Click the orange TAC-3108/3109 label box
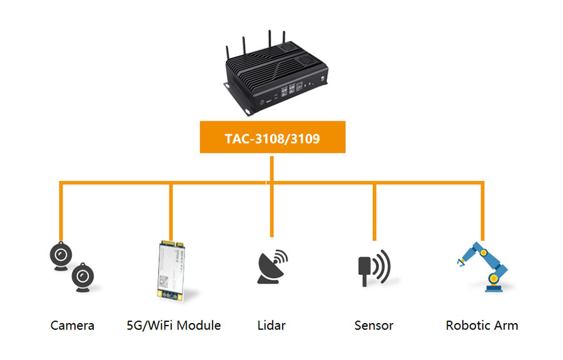pyautogui.click(x=272, y=138)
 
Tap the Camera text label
pyautogui.click(x=73, y=326)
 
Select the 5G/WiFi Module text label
pyautogui.click(x=173, y=326)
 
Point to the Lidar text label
pyautogui.click(x=271, y=326)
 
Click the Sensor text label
pyautogui.click(x=373, y=326)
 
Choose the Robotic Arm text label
pyautogui.click(x=482, y=326)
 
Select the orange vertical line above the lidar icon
pyautogui.click(x=271, y=210)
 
